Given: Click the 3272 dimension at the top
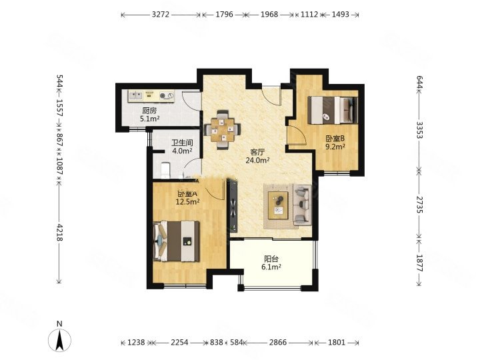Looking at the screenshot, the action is coord(161,15).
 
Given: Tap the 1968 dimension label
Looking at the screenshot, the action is coord(269,15).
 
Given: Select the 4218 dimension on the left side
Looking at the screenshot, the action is coord(60,233).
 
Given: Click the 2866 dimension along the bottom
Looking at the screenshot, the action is coord(278,342).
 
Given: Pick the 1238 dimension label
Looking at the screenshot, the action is coord(136,342).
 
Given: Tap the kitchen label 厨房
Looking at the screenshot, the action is coord(149,111).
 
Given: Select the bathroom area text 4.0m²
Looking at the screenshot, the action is coord(182,151).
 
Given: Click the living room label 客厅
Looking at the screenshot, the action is coord(257,152).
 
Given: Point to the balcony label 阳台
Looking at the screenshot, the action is coord(271,259).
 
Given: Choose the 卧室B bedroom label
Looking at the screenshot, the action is coord(335,139).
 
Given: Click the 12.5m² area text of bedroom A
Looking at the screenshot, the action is coord(187,201).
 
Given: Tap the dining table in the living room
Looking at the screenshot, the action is coord(223,130).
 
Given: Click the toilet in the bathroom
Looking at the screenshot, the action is coord(165,170).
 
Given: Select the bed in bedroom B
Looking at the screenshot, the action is coord(333,110).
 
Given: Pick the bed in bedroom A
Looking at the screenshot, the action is coord(176,241).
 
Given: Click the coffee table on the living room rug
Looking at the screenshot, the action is coord(278,205).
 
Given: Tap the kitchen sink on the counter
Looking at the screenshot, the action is coord(135,96).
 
